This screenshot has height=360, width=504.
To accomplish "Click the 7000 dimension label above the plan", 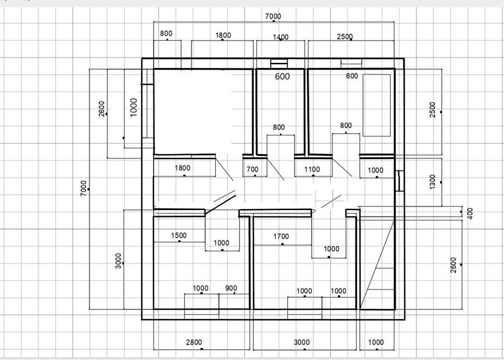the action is pyautogui.click(x=273, y=16).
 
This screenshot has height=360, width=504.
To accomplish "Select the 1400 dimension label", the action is pyautogui.click(x=281, y=37).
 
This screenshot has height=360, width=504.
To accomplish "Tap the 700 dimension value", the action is pyautogui.click(x=252, y=169).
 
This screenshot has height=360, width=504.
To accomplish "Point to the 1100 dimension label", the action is pyautogui.click(x=312, y=169).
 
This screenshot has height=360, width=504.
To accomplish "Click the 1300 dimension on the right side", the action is pyautogui.click(x=432, y=182).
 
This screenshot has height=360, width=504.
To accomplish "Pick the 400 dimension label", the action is pyautogui.click(x=470, y=213).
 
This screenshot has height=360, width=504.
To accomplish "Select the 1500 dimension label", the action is pyautogui.click(x=179, y=235).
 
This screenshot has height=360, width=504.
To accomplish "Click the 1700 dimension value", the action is pyautogui.click(x=281, y=236).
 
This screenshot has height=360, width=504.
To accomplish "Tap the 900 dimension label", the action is pyautogui.click(x=231, y=288).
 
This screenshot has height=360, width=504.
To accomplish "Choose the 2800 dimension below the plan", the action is pyautogui.click(x=194, y=342).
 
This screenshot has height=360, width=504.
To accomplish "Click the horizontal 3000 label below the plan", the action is pyautogui.click(x=302, y=342).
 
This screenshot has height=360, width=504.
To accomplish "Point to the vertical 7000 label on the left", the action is pyautogui.click(x=83, y=188).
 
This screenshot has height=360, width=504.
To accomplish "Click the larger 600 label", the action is pyautogui.click(x=283, y=76).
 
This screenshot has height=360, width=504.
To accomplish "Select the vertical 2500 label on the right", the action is pyautogui.click(x=432, y=110).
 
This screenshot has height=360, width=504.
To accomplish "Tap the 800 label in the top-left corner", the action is pyautogui.click(x=166, y=33).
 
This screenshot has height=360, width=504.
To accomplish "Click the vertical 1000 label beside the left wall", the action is pyautogui.click(x=134, y=107).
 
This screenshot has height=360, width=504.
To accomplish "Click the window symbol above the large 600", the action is pyautogui.click(x=279, y=64).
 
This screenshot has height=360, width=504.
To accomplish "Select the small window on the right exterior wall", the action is pyautogui.click(x=399, y=181).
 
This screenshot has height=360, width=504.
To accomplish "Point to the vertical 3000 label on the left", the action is pyautogui.click(x=118, y=261).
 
